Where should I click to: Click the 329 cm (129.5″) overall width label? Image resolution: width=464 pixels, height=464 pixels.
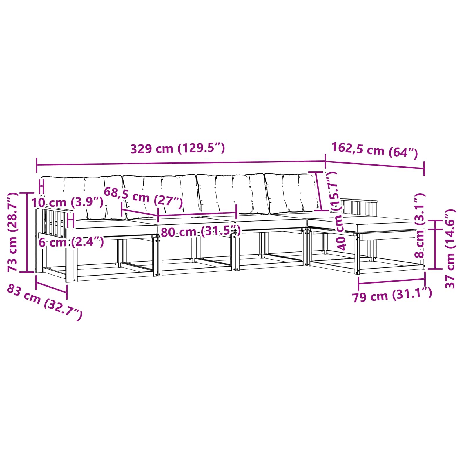(x=177, y=148)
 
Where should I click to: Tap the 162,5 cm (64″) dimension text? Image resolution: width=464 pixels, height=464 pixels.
(x=374, y=150)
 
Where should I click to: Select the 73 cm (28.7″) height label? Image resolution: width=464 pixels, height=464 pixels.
(x=13, y=232)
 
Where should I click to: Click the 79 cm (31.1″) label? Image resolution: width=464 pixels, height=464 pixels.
(x=392, y=296)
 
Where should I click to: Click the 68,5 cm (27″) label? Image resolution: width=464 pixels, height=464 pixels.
(x=143, y=197)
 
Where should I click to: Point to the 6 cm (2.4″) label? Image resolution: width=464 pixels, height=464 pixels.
(x=71, y=242)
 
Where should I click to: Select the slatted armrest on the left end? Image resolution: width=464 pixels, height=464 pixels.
(x=54, y=222)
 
